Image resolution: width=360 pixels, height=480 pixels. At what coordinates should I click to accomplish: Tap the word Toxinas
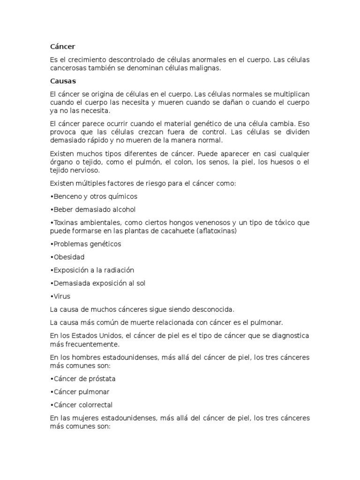click(68, 223)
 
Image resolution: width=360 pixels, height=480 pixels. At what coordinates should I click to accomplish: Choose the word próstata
click(100, 379)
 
